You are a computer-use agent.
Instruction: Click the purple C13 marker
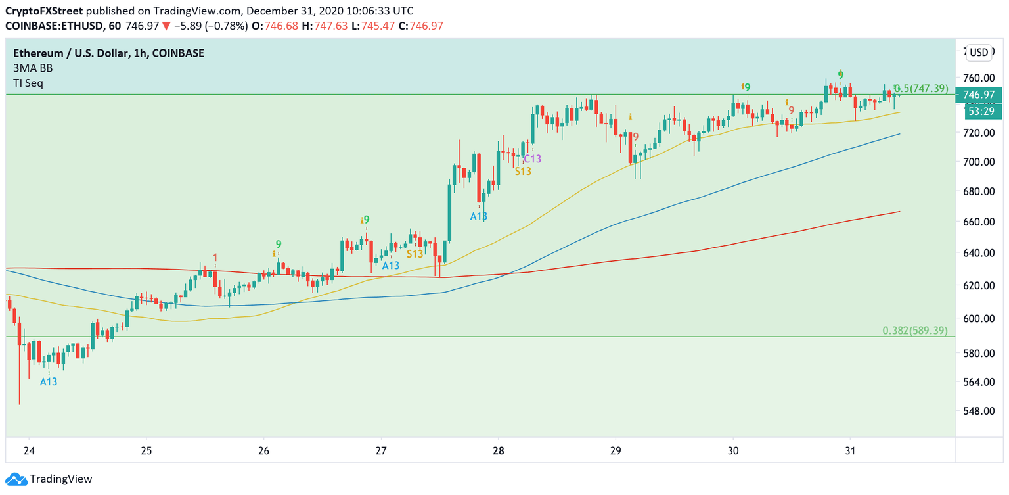[x=532, y=158]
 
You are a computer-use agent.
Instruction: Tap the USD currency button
[x=979, y=53]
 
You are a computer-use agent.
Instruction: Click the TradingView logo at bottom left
[x=49, y=479]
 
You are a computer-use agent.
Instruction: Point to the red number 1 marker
[x=215, y=258]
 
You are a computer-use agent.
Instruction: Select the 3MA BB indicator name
[x=33, y=68]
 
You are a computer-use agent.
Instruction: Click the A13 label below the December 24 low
[x=49, y=381]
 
